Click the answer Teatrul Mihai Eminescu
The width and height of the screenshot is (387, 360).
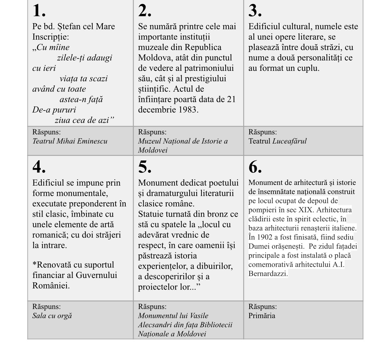click(70, 141)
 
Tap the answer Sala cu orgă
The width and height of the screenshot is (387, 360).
click(52, 316)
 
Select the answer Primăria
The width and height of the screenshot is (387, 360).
click(262, 316)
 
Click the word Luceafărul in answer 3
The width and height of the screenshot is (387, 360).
click(289, 141)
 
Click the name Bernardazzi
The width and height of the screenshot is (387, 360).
click(268, 274)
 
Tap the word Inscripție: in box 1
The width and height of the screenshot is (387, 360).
click(51, 37)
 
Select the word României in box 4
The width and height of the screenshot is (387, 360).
click(51, 286)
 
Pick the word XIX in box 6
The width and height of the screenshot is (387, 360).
click(305, 210)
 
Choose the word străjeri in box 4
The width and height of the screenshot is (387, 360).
click(106, 235)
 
